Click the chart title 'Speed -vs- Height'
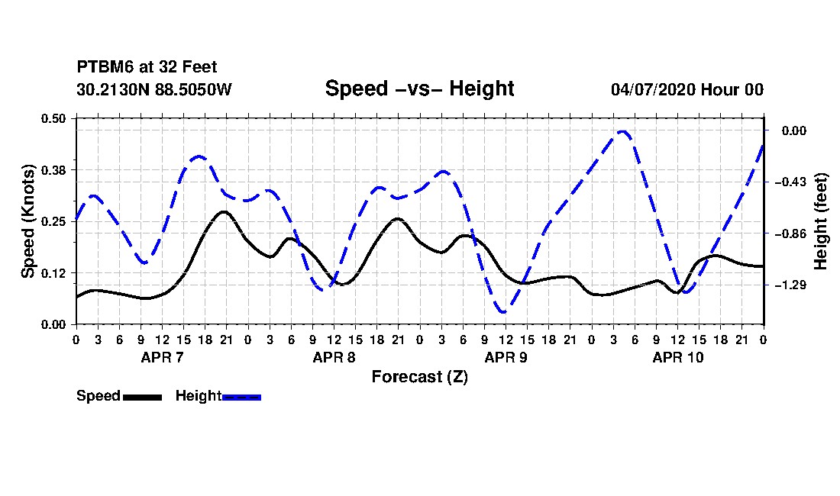click(419, 89)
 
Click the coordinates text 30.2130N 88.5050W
click(154, 89)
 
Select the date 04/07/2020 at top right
click(653, 89)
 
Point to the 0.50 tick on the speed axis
click(53, 118)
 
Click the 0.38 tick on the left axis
click(53, 170)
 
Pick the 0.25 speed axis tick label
click(53, 221)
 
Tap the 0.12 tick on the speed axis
click(53, 273)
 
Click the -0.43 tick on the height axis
click(790, 182)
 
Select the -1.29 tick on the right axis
click(790, 285)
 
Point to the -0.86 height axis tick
click(790, 234)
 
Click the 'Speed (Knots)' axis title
click(27, 221)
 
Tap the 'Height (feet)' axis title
click(820, 221)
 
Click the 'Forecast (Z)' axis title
click(420, 377)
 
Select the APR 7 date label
click(163, 357)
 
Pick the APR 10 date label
click(677, 357)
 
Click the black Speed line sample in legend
click(143, 397)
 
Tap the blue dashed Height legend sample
click(241, 397)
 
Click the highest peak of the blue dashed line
click(622, 131)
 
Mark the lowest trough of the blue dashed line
click(503, 311)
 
